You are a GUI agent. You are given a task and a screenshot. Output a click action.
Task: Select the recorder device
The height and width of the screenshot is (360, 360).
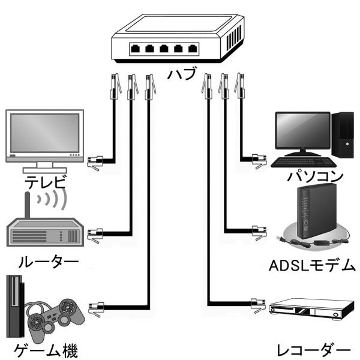coord(310,311)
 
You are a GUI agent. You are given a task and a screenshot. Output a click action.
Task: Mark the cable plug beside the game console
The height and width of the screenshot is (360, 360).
coord(95,309)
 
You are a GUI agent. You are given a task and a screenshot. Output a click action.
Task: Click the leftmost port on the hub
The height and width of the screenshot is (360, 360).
coord(137,48)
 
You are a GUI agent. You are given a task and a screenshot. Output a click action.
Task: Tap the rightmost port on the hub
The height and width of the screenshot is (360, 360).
coord(192,49)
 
